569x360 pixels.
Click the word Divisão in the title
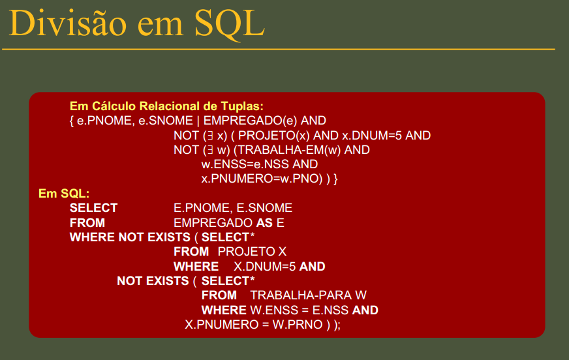click(67, 23)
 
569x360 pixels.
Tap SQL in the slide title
click(230, 24)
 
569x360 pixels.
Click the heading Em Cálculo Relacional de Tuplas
click(166, 106)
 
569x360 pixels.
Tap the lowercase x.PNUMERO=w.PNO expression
click(262, 179)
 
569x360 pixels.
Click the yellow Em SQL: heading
click(64, 194)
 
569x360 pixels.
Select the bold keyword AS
click(264, 222)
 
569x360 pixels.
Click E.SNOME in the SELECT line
click(264, 208)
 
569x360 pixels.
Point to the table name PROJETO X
click(252, 252)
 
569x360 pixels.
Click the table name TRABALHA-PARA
click(301, 295)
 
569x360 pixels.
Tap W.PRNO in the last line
click(298, 325)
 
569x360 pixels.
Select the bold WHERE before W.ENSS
click(224, 310)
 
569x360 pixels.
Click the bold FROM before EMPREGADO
click(87, 222)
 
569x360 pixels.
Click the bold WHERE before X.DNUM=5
click(196, 267)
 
